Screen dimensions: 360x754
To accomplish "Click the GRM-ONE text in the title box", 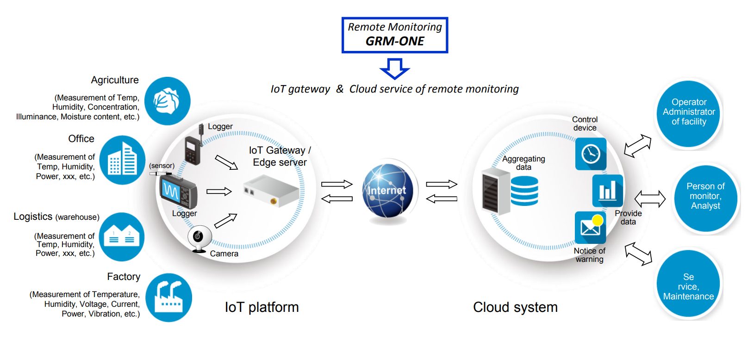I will [x=395, y=41].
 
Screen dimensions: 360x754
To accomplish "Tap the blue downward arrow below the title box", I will [x=394, y=68].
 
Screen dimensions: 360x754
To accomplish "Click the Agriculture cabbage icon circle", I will [x=167, y=101].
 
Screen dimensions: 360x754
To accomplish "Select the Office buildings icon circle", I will [x=122, y=160].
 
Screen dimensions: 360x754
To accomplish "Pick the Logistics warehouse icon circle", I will [x=122, y=236].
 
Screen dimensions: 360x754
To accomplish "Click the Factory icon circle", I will [x=168, y=298].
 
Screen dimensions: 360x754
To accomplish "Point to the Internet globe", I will [x=387, y=191].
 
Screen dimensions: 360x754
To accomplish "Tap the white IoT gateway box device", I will [x=271, y=190].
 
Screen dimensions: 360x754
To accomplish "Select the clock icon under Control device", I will [x=591, y=154].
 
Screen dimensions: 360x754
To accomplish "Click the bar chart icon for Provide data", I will [x=607, y=191].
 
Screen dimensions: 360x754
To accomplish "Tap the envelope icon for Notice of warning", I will [x=590, y=227].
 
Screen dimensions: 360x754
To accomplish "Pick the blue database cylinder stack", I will [x=524, y=191].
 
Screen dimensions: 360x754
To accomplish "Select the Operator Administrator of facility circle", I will [x=689, y=112].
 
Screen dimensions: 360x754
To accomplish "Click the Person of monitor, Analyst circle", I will [x=705, y=196].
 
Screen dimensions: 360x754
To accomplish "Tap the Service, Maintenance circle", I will [x=688, y=286].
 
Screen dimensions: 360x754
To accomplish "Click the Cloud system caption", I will [x=515, y=307].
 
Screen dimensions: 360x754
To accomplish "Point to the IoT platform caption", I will [x=262, y=307].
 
